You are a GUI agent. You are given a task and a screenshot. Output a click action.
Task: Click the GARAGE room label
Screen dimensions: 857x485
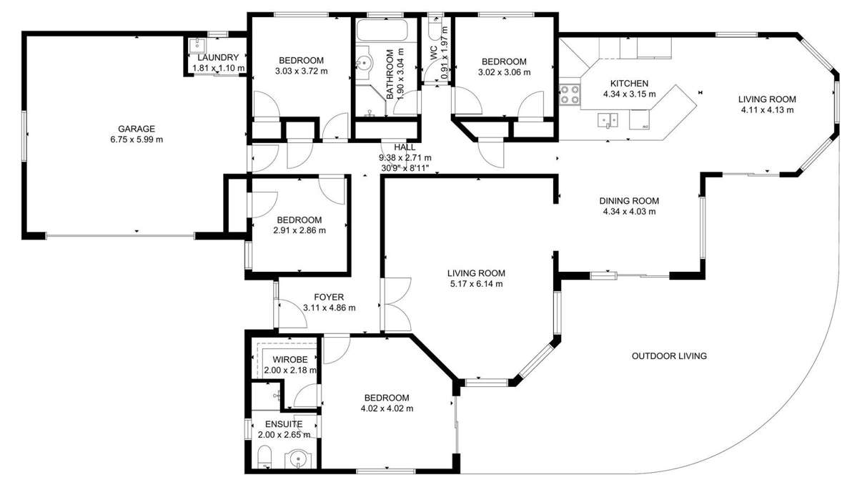(137, 129)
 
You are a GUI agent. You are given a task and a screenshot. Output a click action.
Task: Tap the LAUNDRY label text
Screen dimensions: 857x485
(218, 57)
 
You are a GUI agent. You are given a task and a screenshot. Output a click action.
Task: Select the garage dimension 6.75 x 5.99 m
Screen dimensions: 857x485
(137, 139)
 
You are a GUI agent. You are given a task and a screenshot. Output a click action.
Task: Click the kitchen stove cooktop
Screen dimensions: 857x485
(570, 94)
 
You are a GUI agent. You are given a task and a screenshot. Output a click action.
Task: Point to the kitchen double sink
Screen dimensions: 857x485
(608, 119)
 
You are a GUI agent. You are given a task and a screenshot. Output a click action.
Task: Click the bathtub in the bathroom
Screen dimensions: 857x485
(382, 30)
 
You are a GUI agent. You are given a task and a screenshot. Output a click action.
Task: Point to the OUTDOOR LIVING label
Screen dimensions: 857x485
(669, 356)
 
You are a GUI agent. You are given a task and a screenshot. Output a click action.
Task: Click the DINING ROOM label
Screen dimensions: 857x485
(629, 201)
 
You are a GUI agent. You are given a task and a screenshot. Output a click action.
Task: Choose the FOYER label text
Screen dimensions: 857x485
(329, 297)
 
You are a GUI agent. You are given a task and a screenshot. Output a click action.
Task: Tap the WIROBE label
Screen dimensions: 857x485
(290, 360)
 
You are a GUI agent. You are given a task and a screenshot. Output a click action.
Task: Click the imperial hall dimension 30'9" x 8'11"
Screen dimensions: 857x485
(405, 168)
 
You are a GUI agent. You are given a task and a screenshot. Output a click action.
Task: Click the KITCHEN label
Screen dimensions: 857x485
(629, 84)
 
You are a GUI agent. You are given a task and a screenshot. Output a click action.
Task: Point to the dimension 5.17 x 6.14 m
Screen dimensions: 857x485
(475, 284)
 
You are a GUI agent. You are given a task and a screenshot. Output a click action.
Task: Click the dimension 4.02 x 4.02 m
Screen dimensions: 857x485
(387, 408)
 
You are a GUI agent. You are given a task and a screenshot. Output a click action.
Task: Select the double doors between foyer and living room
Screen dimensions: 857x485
(396, 304)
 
